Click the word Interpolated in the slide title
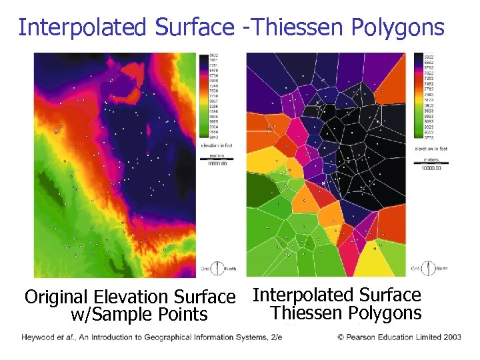click(84, 27)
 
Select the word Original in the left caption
click(57, 297)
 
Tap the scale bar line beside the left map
click(213, 158)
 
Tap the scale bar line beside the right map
click(433, 163)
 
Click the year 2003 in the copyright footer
click(451, 337)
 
